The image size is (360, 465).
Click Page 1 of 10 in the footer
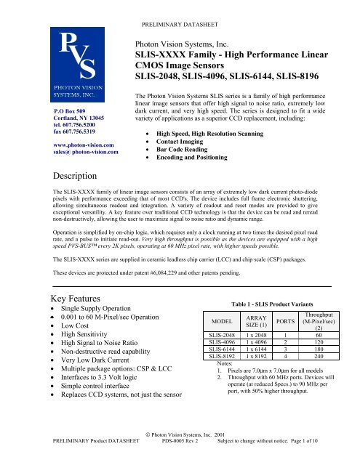(324, 460)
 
